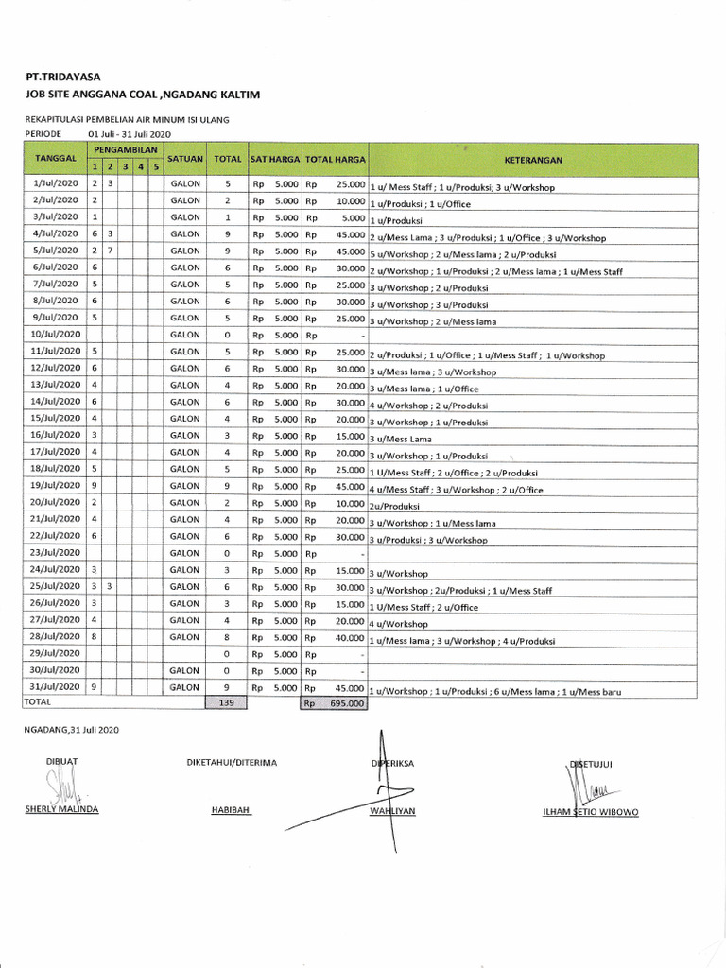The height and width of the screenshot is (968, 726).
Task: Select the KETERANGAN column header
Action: tap(532, 160)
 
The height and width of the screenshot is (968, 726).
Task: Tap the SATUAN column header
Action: tap(185, 159)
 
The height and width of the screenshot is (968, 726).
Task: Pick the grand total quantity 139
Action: tap(227, 703)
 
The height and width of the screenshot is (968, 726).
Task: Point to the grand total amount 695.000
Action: tap(344, 704)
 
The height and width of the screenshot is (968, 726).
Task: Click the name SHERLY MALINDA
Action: tap(62, 810)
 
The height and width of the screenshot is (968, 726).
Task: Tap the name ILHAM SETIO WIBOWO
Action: tap(591, 812)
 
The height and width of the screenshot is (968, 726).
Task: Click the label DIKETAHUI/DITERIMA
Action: tap(233, 763)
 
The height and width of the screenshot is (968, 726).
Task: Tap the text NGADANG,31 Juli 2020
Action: tap(72, 730)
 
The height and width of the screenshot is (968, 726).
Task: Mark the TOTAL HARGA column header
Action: tap(335, 159)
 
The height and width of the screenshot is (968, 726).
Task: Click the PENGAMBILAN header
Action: tap(125, 151)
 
